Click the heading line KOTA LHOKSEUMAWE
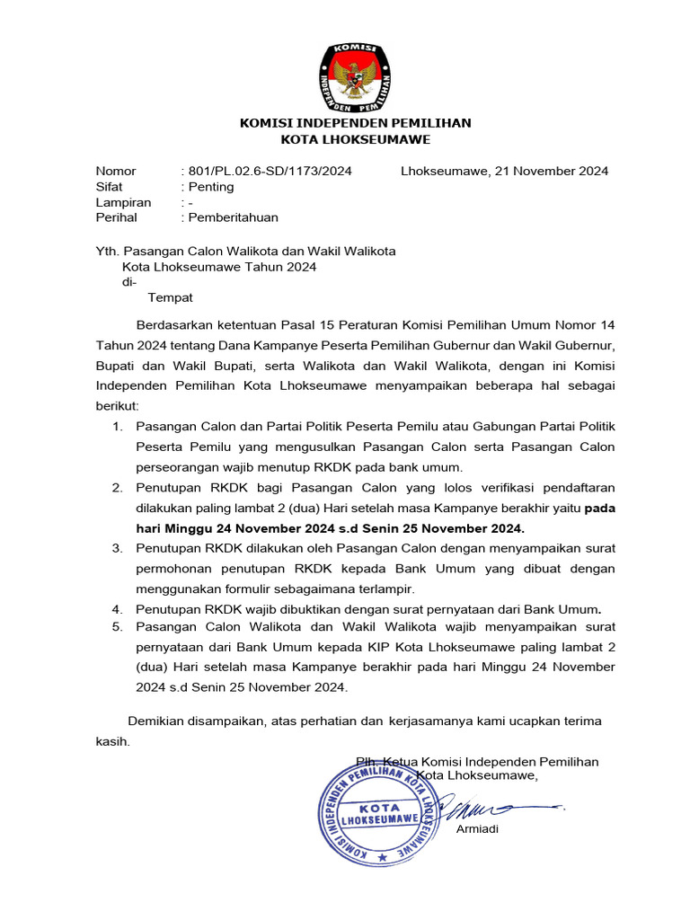tap(356, 139)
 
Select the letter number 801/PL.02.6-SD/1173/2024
tap(268, 171)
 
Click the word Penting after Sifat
tap(210, 187)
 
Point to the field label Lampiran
tap(123, 202)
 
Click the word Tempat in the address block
tap(170, 297)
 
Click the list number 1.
tap(117, 425)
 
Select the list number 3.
tap(117, 547)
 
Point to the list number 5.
tap(117, 626)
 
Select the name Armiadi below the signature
tap(477, 829)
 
